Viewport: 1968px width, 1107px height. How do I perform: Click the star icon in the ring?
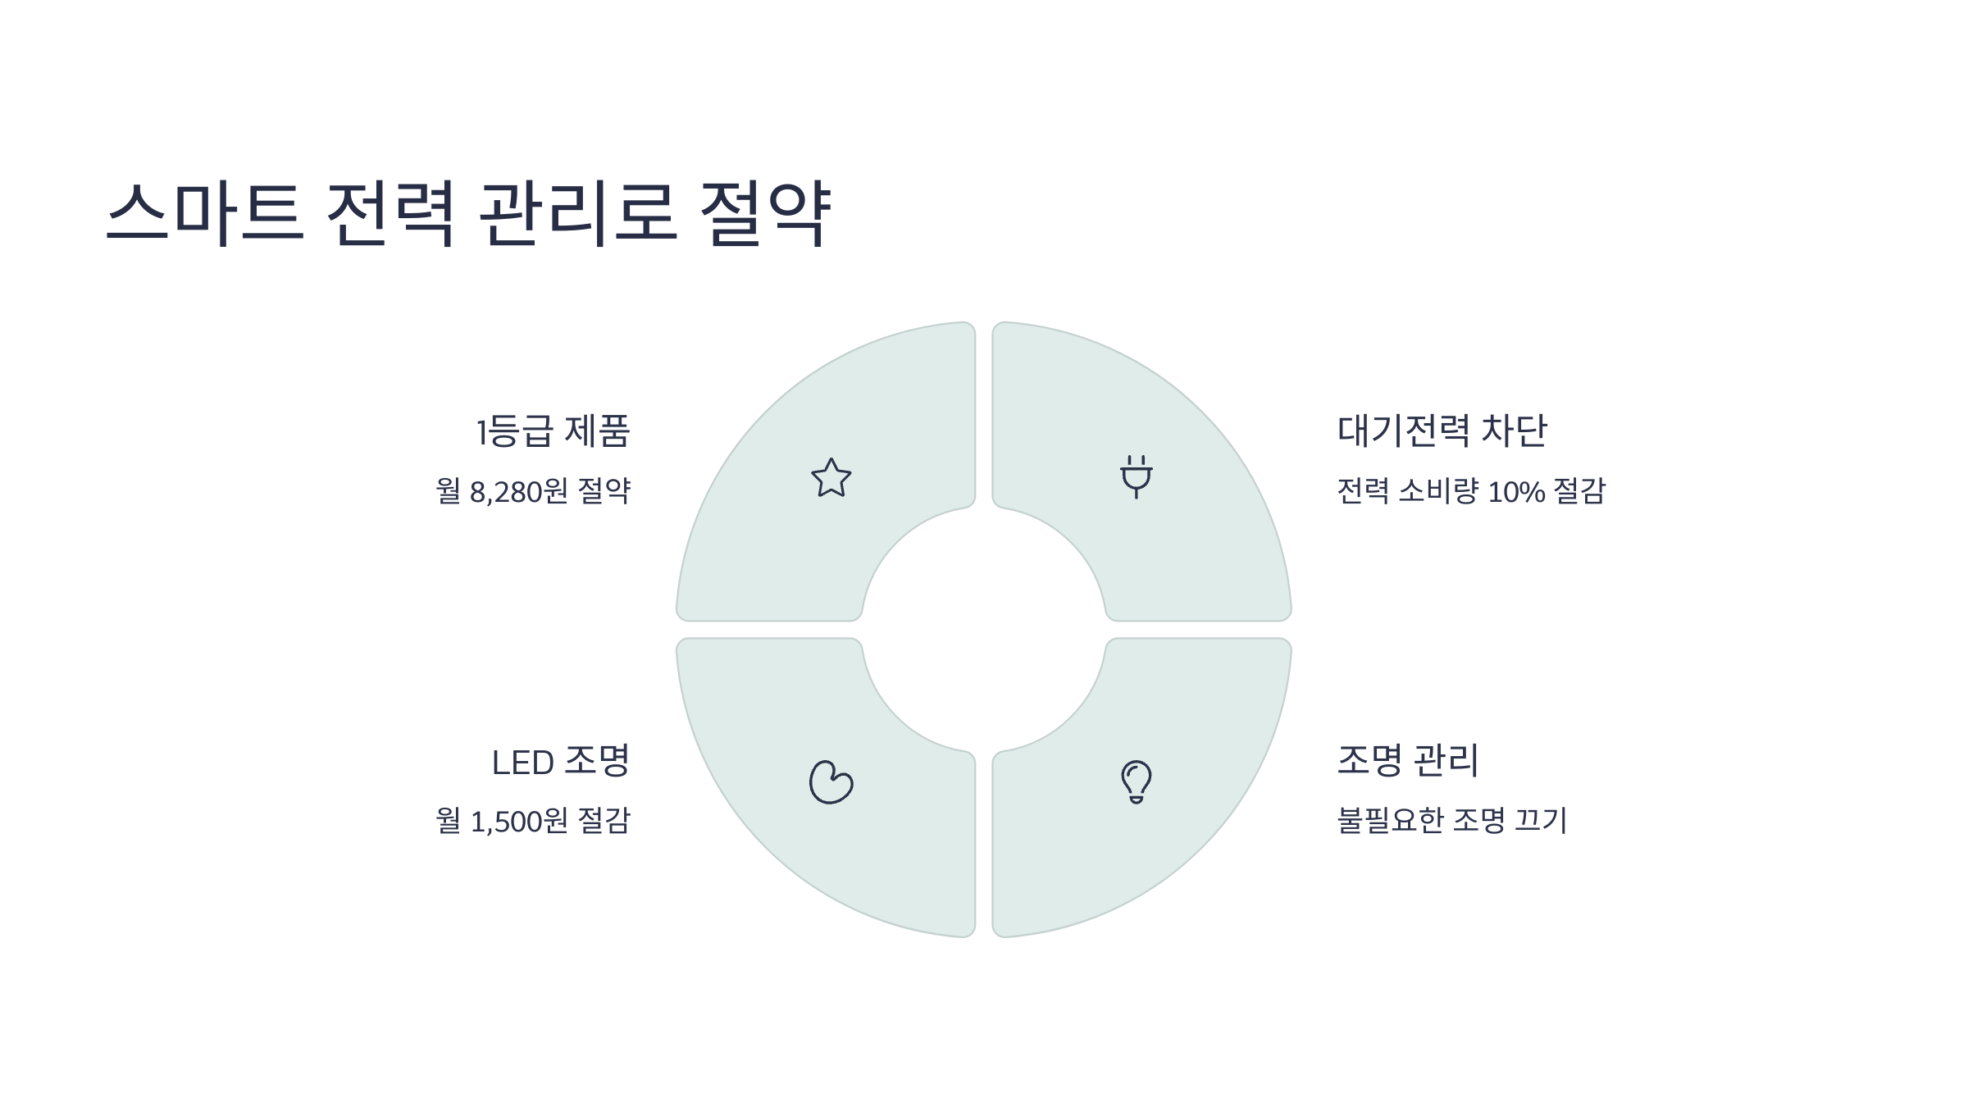(x=831, y=478)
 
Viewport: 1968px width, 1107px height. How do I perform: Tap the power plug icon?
(x=1137, y=476)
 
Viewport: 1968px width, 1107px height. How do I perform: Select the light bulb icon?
(x=1137, y=782)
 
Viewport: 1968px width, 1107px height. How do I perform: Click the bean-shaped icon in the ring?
(x=831, y=782)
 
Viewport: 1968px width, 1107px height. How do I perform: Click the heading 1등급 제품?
(x=553, y=431)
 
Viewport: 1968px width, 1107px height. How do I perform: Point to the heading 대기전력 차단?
(x=1442, y=431)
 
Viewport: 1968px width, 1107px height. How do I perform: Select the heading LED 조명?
(x=560, y=762)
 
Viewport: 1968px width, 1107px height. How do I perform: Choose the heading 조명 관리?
(x=1408, y=761)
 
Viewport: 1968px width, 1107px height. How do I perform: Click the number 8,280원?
(x=518, y=492)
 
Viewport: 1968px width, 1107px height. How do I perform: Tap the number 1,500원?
(x=518, y=821)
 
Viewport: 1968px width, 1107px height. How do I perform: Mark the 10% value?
(x=1516, y=492)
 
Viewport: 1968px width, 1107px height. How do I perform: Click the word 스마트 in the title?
(x=206, y=212)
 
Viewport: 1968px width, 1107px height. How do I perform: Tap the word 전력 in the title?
(x=390, y=212)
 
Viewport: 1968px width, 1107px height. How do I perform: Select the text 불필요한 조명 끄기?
(x=1452, y=820)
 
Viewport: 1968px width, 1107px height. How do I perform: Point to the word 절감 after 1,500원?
(x=604, y=821)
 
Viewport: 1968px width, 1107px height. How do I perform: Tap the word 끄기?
(x=1541, y=820)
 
